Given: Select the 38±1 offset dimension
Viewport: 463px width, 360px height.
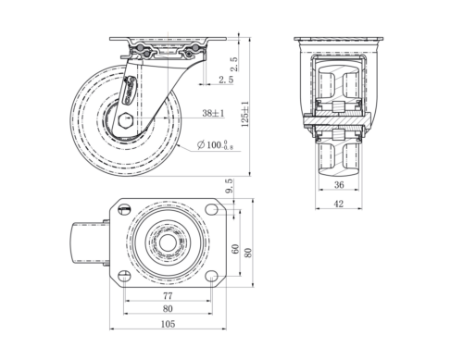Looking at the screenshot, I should coord(213,113).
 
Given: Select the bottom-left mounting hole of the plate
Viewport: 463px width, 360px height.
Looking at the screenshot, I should coord(122,275).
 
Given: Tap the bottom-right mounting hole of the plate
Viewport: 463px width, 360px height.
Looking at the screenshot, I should coord(212,275).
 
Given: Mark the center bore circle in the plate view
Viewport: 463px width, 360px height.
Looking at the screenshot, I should coord(167,244).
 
